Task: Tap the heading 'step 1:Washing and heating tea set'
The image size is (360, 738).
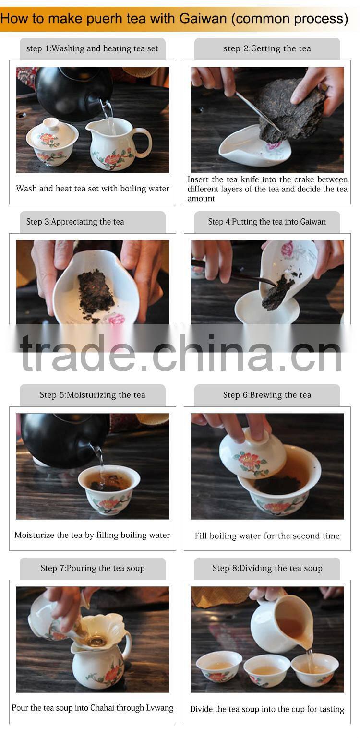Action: tap(92, 48)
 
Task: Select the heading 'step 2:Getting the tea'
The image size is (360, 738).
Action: tap(267, 48)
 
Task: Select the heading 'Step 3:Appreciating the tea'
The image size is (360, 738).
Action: tap(75, 222)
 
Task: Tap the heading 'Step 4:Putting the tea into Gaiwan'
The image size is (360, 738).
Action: tap(267, 222)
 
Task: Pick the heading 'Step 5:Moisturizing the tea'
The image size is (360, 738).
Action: tap(92, 395)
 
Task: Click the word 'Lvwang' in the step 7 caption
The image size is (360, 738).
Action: tap(157, 708)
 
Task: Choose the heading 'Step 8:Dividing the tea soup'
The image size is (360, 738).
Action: tap(267, 568)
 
